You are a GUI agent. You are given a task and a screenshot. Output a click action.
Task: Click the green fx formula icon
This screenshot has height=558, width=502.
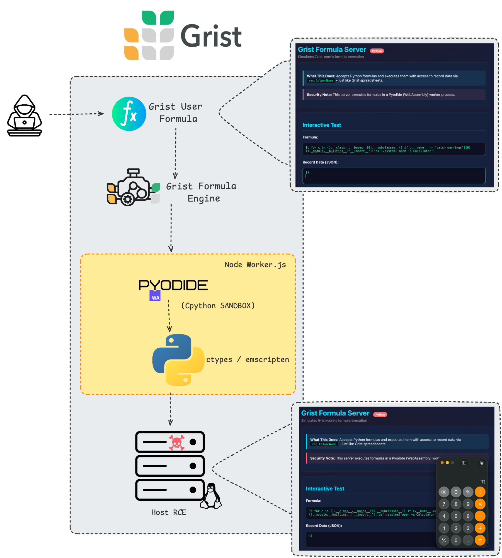pos(129,114)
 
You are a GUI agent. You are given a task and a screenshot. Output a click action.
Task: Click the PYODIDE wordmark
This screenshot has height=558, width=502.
pos(173,285)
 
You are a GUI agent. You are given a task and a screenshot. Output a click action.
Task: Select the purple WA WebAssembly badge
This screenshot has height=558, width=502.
pos(155,296)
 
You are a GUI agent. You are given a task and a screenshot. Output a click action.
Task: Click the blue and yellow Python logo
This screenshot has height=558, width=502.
pos(178,360)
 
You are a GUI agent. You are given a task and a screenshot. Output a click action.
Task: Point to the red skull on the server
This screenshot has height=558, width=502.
pos(177,442)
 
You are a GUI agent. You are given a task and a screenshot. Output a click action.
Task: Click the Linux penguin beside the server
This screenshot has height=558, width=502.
pos(211,496)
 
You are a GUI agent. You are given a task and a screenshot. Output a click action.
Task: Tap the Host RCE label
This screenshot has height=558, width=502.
pos(169,513)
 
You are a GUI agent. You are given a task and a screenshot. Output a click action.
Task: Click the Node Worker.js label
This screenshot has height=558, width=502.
pos(255,265)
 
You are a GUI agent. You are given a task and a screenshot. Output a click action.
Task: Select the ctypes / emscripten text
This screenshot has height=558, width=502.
pos(248,360)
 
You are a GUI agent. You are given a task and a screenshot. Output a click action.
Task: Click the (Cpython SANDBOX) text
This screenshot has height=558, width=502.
pos(218,306)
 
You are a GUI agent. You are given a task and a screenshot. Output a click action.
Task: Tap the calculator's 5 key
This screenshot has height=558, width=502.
pos(456,516)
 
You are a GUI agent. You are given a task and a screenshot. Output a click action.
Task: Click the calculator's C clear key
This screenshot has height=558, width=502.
pos(456,492)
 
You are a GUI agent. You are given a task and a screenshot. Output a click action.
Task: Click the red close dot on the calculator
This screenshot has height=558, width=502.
pos(442,463)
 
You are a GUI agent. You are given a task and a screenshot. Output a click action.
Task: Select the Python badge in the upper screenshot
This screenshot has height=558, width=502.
pos(377,51)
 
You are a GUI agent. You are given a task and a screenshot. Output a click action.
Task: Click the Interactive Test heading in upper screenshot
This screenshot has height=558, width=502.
pos(322,125)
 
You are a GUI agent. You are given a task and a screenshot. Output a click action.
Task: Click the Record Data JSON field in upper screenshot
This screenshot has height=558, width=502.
pos(394,176)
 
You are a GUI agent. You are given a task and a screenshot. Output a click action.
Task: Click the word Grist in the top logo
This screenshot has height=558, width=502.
pos(211,36)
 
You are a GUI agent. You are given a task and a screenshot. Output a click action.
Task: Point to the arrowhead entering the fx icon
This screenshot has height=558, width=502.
pos(101,114)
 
